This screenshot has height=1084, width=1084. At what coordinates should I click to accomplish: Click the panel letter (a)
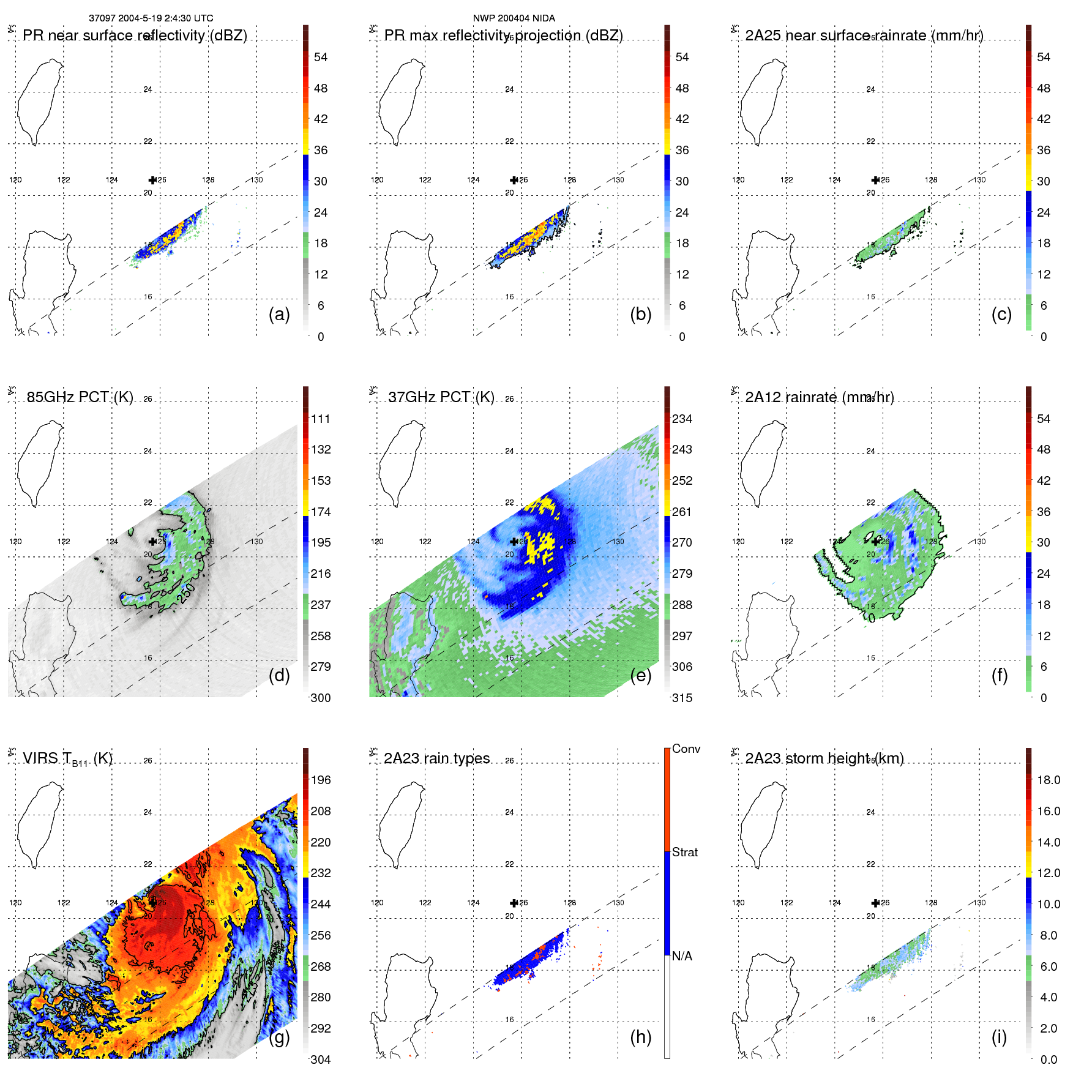pyautogui.click(x=279, y=315)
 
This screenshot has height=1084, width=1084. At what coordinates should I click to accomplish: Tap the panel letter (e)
pyautogui.click(x=641, y=676)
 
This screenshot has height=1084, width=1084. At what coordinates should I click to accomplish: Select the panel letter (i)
pyautogui.click(x=999, y=1037)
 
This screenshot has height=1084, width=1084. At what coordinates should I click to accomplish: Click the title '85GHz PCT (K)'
pyautogui.click(x=80, y=397)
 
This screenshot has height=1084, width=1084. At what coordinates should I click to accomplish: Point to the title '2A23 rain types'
pyautogui.click(x=437, y=758)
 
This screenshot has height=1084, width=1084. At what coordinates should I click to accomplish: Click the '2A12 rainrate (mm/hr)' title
pyautogui.click(x=820, y=397)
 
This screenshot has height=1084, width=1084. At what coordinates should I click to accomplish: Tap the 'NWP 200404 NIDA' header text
pyautogui.click(x=514, y=18)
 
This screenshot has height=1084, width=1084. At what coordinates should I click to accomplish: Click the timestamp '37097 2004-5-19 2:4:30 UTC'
pyautogui.click(x=151, y=18)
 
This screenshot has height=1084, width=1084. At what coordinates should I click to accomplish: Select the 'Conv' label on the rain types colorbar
pyautogui.click(x=686, y=749)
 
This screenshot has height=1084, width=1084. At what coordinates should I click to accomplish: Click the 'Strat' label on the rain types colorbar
pyautogui.click(x=685, y=853)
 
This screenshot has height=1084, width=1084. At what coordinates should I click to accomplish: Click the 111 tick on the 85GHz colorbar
pyautogui.click(x=321, y=419)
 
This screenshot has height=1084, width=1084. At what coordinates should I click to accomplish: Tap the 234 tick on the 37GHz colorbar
pyautogui.click(x=682, y=419)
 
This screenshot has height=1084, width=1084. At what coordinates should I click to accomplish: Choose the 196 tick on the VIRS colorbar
pyautogui.click(x=321, y=780)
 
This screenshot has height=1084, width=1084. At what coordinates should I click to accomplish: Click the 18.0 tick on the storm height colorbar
pyautogui.click(x=1048, y=780)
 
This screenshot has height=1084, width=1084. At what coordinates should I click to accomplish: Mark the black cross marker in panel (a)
pyautogui.click(x=152, y=180)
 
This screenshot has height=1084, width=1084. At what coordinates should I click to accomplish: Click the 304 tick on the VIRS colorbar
pyautogui.click(x=321, y=1060)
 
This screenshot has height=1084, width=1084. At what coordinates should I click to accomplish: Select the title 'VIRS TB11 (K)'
pyautogui.click(x=67, y=759)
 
